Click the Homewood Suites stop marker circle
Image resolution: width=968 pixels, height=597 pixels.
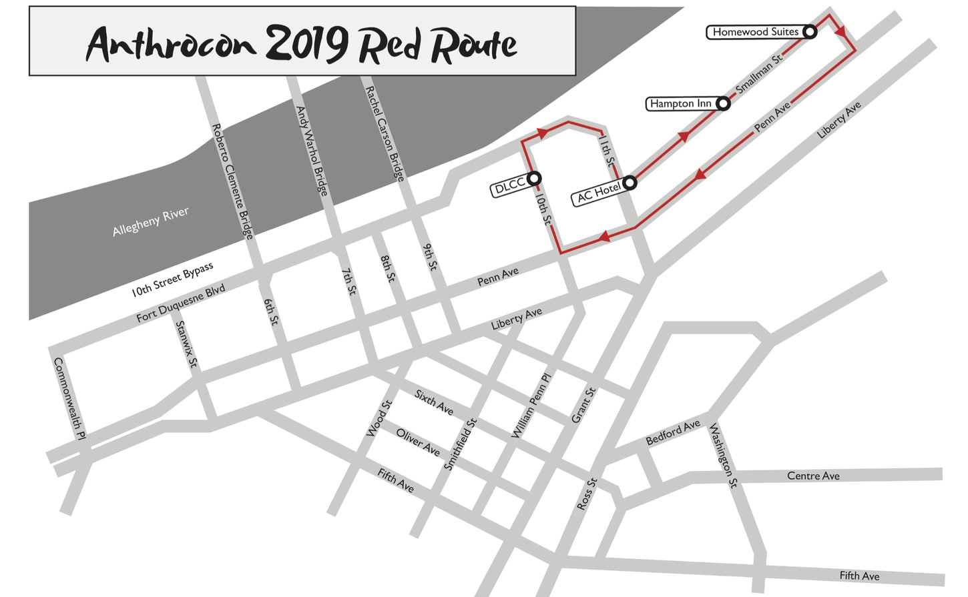810,31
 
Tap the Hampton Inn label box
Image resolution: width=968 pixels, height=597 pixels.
680,103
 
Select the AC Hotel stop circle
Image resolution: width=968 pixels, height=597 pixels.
629,182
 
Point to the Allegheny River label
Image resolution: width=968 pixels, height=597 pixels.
150,221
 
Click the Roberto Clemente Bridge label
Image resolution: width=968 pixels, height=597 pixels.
232,181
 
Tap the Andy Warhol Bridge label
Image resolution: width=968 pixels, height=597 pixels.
312,151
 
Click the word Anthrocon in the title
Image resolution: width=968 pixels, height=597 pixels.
171,44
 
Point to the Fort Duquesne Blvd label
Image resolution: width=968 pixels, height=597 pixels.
180,303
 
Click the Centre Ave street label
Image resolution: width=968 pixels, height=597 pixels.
813,476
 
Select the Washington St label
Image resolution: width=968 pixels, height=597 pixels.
723,456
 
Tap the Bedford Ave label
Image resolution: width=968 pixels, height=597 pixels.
673,432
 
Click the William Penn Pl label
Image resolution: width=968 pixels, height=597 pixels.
531,406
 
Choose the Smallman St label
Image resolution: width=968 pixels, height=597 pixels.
758,73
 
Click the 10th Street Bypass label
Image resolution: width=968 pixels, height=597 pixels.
172,279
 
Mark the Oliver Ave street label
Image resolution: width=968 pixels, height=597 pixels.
418,442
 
